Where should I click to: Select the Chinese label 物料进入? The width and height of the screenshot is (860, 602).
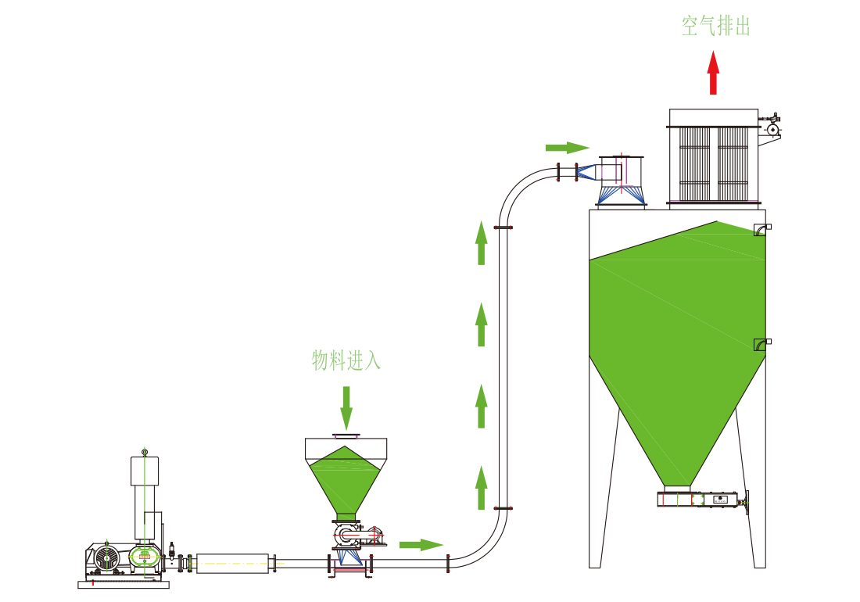coord(346,360)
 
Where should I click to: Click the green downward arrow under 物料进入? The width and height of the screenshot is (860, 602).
coord(346,407)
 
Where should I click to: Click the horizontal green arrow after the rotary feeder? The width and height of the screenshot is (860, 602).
coord(421,544)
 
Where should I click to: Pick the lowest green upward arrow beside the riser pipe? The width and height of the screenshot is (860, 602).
coord(482,486)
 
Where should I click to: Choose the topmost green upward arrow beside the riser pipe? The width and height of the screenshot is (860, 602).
coord(482,242)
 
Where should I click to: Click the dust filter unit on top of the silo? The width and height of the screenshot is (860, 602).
coord(713,156)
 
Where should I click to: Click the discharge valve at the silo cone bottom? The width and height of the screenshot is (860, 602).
coord(701,499)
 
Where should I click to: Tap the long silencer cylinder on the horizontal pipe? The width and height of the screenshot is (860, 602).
coord(232,562)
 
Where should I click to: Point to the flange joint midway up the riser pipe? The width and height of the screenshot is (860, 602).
coord(503,228)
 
